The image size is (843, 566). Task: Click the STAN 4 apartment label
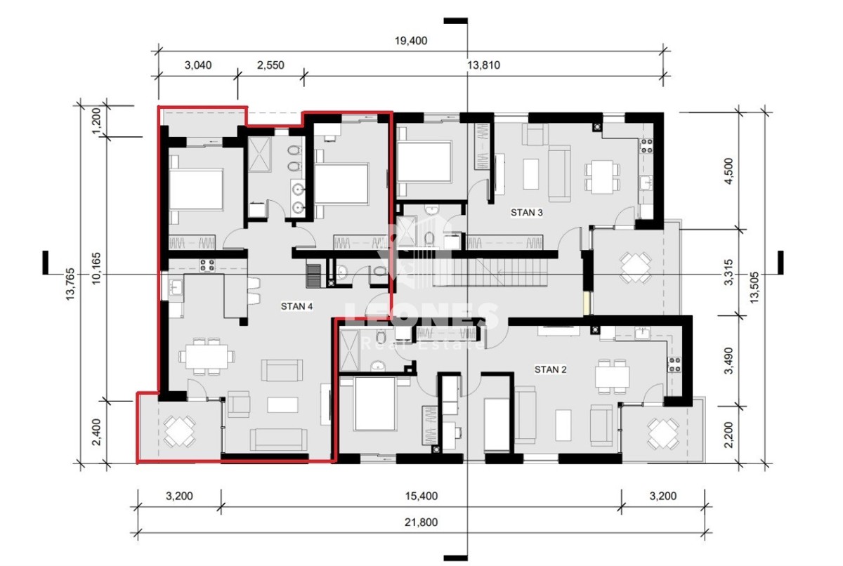click(296, 306)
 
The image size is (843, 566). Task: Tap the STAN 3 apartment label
click(526, 213)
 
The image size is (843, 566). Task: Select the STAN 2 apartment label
click(550, 369)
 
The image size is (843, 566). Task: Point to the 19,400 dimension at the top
click(410, 41)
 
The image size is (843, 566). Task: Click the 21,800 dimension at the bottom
click(421, 522)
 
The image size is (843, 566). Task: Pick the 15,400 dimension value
click(421, 496)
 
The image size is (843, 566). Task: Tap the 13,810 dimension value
click(483, 65)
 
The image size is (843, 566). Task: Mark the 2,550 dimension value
click(270, 65)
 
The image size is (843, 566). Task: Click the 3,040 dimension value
click(198, 65)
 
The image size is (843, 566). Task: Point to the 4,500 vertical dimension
click(729, 171)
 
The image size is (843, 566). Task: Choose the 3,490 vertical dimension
click(729, 361)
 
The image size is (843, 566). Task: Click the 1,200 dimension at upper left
click(97, 120)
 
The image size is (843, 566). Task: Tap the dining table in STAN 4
click(207, 356)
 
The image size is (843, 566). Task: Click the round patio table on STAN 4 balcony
click(180, 430)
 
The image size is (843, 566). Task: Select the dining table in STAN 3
click(602, 177)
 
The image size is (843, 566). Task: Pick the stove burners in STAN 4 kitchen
click(207, 265)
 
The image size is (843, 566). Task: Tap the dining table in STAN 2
click(612, 376)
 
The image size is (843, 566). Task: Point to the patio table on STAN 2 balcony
click(662, 433)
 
